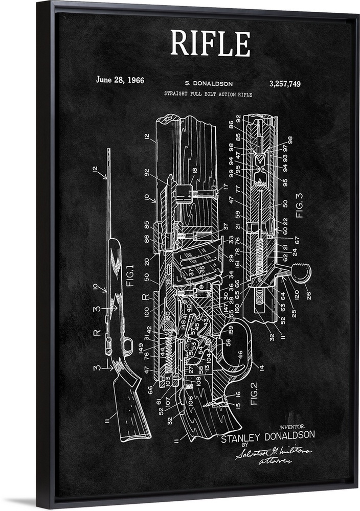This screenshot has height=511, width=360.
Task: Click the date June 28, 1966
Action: (120, 80)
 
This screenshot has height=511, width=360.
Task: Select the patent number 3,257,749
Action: (284, 84)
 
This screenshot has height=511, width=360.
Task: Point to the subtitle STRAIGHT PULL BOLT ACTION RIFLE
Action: (208, 94)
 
